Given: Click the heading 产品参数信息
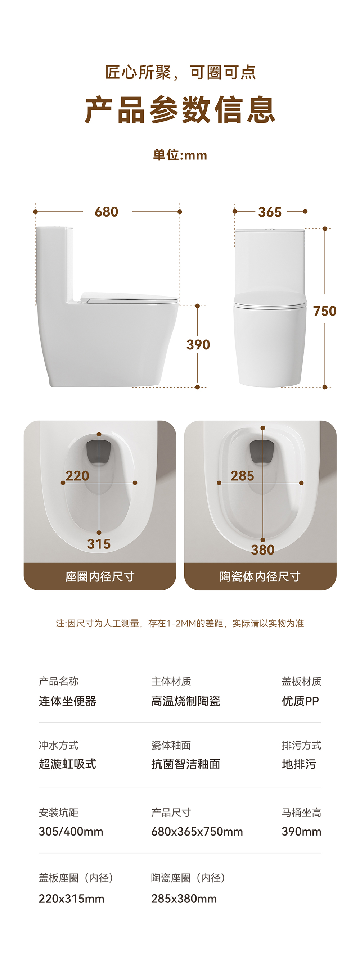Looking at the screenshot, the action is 180,110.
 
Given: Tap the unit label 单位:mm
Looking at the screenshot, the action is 180,155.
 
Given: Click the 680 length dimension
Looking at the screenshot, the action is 107,212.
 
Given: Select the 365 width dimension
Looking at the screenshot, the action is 270,212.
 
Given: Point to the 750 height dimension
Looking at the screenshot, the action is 325,311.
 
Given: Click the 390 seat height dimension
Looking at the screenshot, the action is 198,345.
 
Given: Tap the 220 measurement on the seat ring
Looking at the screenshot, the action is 77,476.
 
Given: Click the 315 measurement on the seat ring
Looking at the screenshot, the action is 99,544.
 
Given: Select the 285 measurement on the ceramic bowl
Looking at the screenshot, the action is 243,476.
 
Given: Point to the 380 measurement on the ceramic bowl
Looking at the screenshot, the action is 263,550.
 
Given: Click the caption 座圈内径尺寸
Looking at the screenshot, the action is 100,577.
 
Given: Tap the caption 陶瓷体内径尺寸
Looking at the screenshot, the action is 260,577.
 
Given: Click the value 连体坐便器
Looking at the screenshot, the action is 68,701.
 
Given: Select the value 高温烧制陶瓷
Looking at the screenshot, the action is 186,701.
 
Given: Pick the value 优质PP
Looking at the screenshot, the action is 300,701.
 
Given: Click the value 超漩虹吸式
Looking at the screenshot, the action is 68,764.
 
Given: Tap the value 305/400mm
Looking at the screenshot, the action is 71,832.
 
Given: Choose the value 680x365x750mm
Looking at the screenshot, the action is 197,832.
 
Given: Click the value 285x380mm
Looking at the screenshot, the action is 184,899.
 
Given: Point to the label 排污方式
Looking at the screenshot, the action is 302,745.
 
